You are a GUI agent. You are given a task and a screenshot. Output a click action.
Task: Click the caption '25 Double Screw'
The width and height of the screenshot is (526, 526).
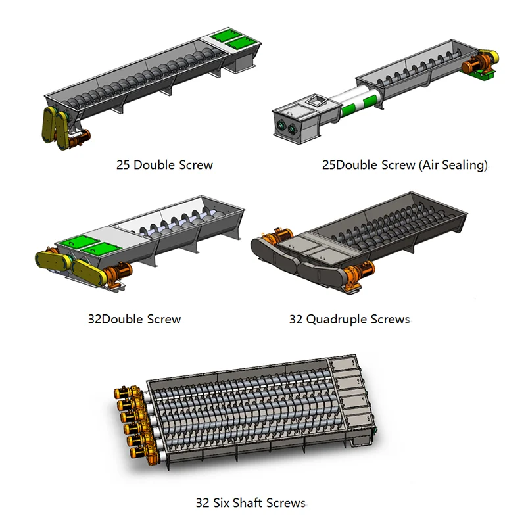pos(164,165)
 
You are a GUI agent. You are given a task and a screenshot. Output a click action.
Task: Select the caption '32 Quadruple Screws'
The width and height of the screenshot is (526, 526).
pos(350,319)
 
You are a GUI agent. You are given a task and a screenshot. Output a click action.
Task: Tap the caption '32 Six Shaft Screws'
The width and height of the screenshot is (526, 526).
pos(251,502)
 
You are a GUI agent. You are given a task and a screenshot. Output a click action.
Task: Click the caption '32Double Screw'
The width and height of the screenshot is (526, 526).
pos(134,319)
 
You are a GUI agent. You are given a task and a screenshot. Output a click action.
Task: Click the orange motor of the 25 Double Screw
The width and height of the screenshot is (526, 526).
pos(80,137)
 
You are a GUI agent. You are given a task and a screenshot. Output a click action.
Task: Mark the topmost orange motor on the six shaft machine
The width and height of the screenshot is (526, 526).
pos(126,392)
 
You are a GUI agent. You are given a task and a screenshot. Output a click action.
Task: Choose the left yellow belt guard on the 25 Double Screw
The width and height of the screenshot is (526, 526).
pos(50,124)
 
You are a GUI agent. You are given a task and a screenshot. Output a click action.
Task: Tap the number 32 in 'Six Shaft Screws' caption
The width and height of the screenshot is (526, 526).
pos(203,503)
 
